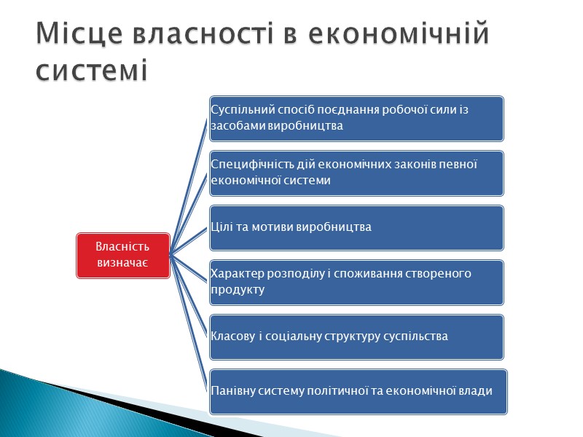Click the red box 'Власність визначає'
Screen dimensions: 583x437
(122, 255)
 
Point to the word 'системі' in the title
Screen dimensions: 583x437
(92, 71)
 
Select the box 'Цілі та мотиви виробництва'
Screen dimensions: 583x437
(356, 227)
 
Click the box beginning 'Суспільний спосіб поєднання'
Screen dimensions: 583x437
(356, 118)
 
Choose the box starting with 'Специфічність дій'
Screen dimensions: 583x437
(356, 173)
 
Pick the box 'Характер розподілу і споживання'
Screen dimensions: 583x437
(356, 282)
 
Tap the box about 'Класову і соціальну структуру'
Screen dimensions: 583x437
(356, 336)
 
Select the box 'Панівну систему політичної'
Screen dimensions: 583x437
(356, 391)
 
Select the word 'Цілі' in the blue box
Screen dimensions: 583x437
(222, 227)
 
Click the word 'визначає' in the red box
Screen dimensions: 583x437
(122, 262)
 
